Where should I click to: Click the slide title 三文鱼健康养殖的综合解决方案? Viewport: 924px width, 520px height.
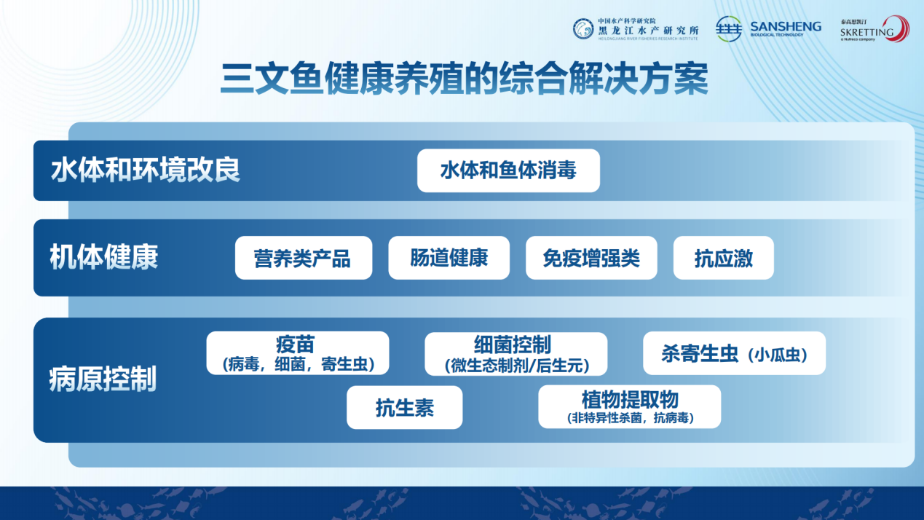click(x=464, y=79)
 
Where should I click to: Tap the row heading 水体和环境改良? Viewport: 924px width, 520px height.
click(x=145, y=170)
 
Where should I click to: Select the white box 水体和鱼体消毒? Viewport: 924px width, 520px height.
click(x=508, y=170)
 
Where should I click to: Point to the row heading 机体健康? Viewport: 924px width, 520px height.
click(x=104, y=256)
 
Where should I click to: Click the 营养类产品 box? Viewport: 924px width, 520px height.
click(x=304, y=258)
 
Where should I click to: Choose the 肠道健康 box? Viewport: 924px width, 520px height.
click(x=449, y=258)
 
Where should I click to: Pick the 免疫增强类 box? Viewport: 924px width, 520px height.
click(x=591, y=258)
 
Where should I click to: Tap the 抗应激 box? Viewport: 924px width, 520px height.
click(x=724, y=258)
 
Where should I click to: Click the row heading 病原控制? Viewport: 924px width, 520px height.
click(x=103, y=379)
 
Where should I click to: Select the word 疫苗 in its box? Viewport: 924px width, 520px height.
click(x=296, y=344)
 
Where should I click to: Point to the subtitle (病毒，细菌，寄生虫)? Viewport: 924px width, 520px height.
click(x=299, y=364)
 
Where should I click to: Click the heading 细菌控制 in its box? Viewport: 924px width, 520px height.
click(x=513, y=345)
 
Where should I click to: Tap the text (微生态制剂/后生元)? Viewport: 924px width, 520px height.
click(x=517, y=366)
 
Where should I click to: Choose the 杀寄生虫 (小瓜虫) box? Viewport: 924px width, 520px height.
click(x=734, y=353)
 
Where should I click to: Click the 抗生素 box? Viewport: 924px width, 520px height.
click(x=405, y=407)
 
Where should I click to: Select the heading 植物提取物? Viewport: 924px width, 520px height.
click(x=630, y=400)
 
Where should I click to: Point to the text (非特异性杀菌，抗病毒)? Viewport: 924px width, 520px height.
click(x=631, y=418)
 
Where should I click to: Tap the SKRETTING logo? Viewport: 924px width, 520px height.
click(x=874, y=29)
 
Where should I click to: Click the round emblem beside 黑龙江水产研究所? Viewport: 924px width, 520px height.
click(x=583, y=29)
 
